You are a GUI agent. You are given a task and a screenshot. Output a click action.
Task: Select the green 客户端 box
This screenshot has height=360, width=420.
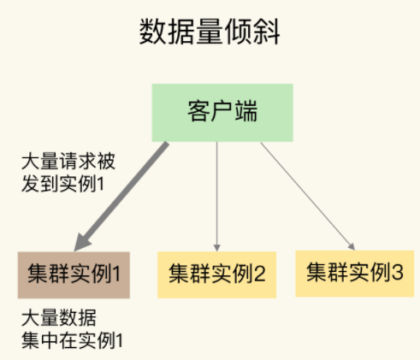point(217,113)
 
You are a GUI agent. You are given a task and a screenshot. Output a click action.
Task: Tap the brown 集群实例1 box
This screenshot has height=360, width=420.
point(73,274)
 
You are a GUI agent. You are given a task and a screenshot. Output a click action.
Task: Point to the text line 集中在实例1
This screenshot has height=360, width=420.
point(73,341)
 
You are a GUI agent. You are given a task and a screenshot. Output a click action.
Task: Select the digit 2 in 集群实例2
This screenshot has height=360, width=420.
point(260,274)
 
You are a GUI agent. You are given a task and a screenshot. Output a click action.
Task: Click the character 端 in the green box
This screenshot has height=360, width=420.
point(247,113)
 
